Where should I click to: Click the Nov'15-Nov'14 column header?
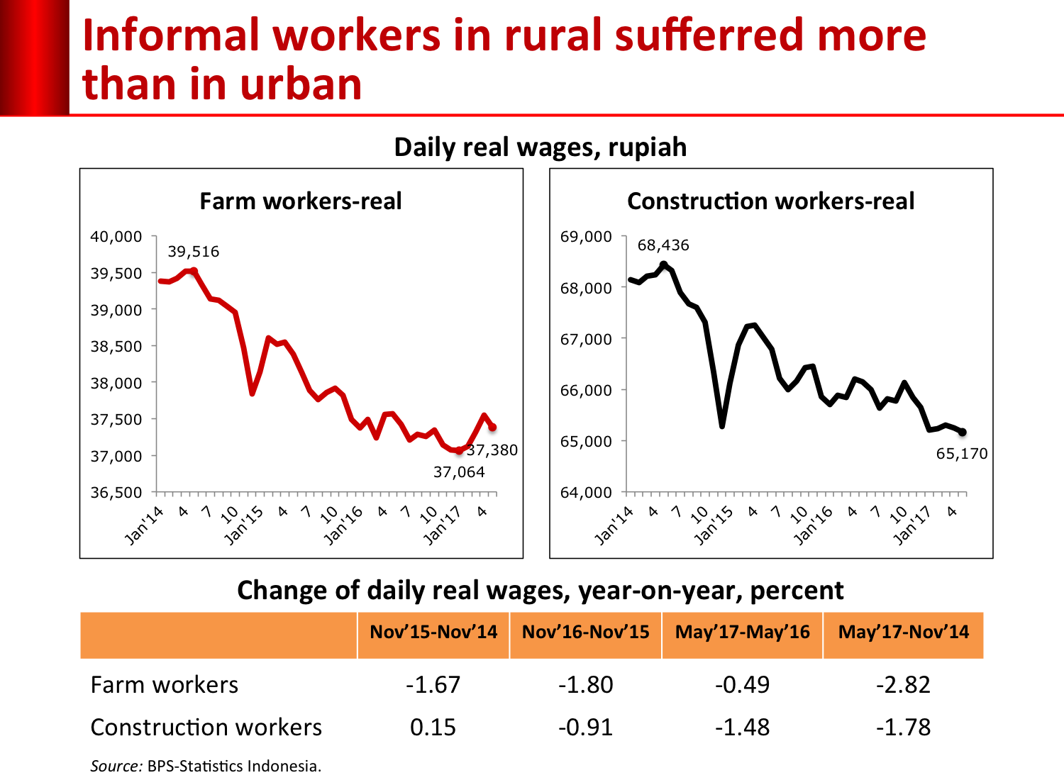click(x=433, y=632)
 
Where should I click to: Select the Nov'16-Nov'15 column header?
click(x=585, y=632)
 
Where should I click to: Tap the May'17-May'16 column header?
click(x=742, y=632)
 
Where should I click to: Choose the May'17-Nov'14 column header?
click(x=903, y=632)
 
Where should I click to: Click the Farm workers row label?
click(x=165, y=685)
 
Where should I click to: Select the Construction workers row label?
click(x=206, y=728)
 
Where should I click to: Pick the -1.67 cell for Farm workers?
click(x=433, y=685)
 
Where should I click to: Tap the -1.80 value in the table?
click(x=585, y=685)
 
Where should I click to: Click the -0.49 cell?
click(x=742, y=685)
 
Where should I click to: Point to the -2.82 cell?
click(x=903, y=685)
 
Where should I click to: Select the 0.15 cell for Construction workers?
click(x=433, y=728)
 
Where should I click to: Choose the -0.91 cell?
click(x=585, y=728)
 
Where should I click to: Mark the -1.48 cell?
click(x=742, y=728)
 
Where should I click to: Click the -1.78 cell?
click(x=903, y=728)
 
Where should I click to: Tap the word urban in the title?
click(x=301, y=84)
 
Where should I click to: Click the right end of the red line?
click(x=493, y=428)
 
